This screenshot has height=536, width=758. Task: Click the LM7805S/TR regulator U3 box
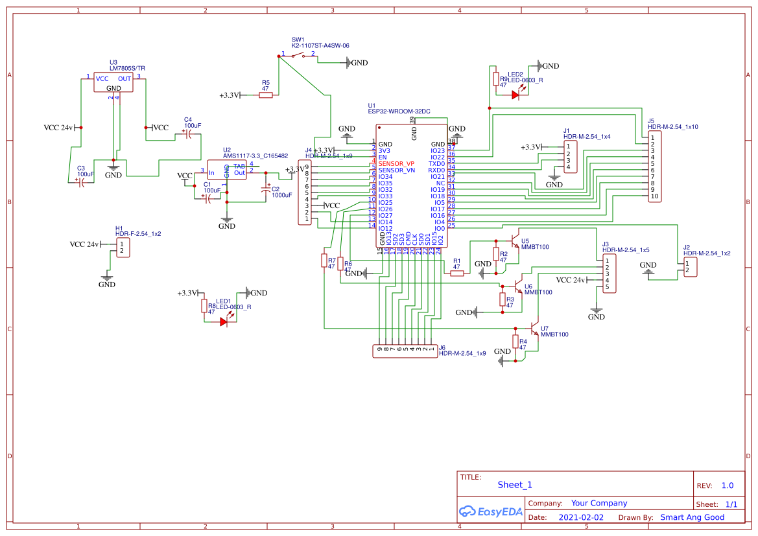tap(113, 82)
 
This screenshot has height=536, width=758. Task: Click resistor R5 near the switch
tap(266, 95)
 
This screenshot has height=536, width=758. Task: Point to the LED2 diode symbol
tap(515, 95)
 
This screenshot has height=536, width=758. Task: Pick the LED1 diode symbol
tap(224, 321)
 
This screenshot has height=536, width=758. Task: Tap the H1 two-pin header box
tap(123, 248)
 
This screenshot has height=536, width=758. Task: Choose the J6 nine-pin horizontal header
tap(405, 351)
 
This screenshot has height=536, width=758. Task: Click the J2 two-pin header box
tap(691, 266)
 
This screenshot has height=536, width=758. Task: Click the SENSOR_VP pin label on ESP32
tap(396, 163)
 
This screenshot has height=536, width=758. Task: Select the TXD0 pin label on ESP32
tap(436, 163)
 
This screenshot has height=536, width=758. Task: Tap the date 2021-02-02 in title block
tap(580, 517)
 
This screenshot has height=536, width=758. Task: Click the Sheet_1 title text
tap(515, 485)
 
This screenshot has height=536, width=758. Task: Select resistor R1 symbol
tap(457, 273)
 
